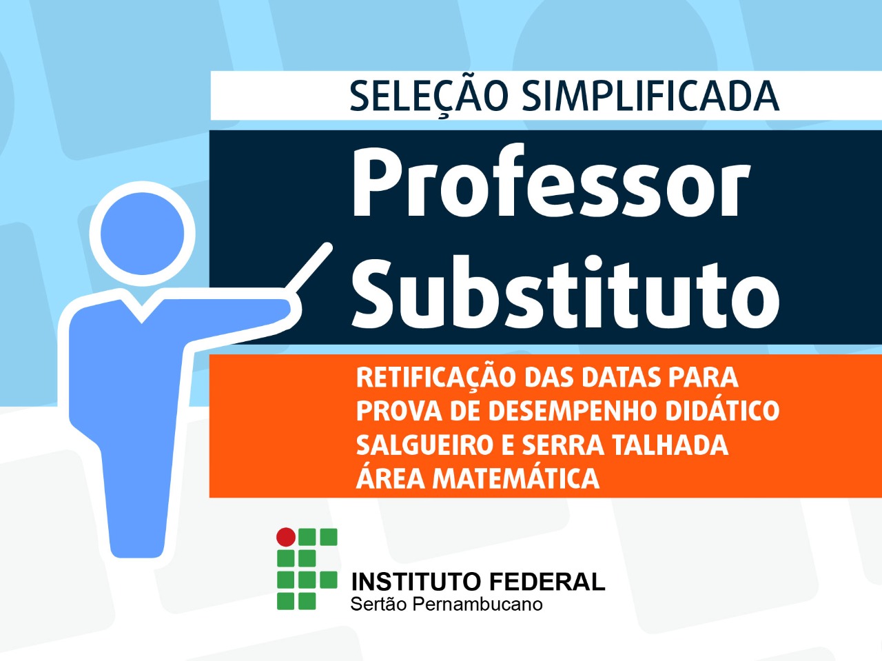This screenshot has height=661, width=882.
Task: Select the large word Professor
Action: (551, 183)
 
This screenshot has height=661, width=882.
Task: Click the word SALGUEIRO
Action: (424, 445)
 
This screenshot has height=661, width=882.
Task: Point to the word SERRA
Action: (564, 445)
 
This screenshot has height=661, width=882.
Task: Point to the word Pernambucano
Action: (478, 604)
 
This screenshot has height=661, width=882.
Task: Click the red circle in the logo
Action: (286, 537)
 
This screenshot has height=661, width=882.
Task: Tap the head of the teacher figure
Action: (142, 234)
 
